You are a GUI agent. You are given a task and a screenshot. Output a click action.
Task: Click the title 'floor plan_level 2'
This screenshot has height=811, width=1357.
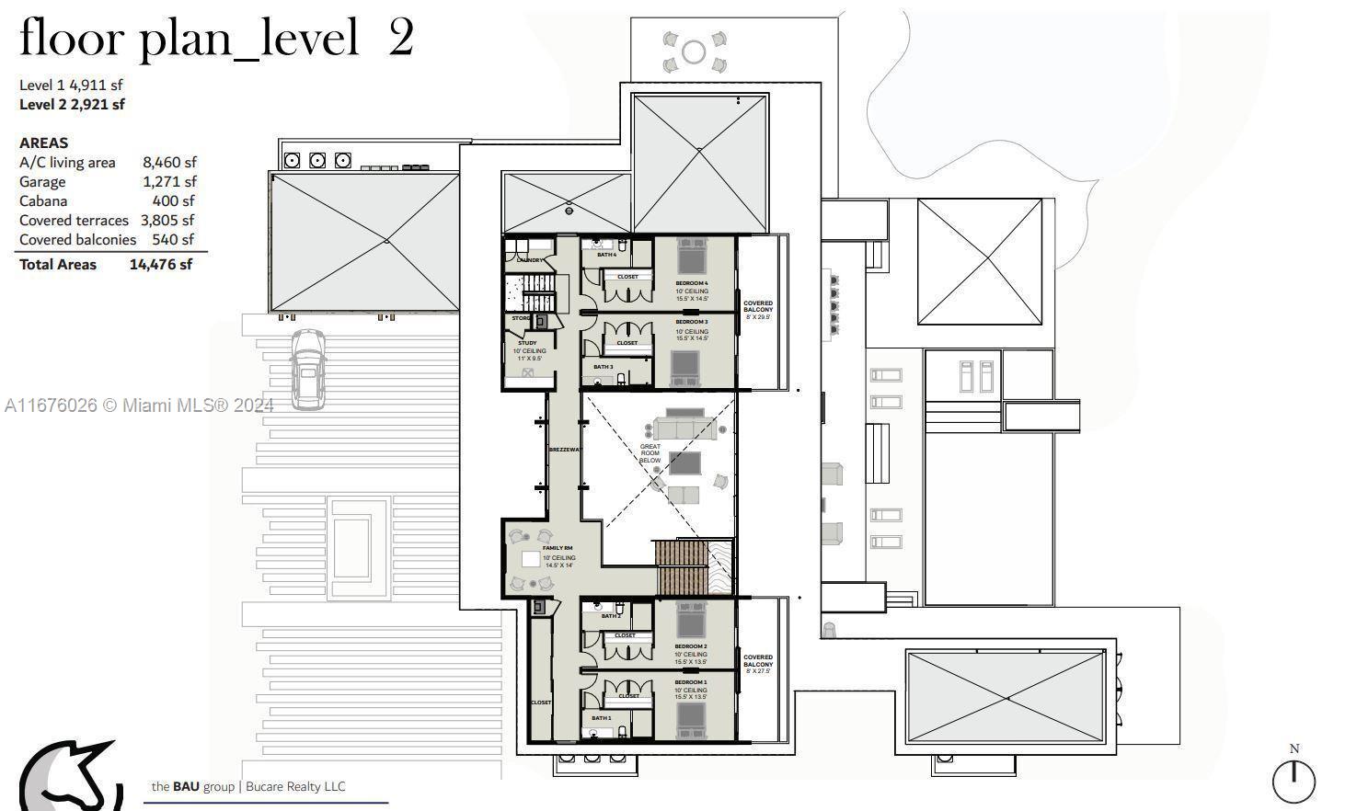tap(216, 39)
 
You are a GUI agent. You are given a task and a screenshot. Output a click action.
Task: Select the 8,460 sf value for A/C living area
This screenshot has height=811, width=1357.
tap(168, 163)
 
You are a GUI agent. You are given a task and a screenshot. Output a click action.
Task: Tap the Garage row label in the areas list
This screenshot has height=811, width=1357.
tap(42, 182)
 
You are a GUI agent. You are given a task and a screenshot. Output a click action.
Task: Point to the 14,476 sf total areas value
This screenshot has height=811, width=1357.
tap(160, 265)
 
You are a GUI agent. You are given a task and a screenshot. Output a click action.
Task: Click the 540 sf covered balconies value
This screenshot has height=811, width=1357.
tap(173, 240)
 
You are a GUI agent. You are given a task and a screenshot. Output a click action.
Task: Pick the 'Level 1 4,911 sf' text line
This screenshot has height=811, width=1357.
tap(71, 86)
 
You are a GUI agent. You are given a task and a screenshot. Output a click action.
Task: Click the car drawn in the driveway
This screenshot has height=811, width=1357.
tap(308, 368)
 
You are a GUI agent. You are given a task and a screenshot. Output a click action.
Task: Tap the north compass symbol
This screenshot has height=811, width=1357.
tap(1294, 781)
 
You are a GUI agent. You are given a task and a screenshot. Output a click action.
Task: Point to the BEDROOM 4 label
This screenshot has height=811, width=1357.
tap(692, 283)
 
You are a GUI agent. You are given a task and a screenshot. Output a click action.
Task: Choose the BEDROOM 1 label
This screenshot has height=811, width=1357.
tap(691, 682)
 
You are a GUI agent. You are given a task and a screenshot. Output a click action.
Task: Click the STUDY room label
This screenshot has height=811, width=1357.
tap(527, 343)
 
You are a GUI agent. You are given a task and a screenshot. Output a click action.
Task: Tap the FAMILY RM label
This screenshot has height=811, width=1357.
tap(558, 548)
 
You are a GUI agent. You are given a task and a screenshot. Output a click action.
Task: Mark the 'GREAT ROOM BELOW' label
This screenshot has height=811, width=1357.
tap(650, 453)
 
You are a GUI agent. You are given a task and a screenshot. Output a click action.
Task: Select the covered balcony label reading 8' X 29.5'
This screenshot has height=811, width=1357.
tap(758, 309)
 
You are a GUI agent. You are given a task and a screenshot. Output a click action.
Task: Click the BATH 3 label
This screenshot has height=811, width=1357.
tap(604, 367)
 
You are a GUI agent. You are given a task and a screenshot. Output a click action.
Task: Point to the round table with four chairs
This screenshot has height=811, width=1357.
tap(694, 51)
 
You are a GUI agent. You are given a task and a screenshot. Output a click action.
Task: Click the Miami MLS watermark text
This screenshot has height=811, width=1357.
tap(139, 405)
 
